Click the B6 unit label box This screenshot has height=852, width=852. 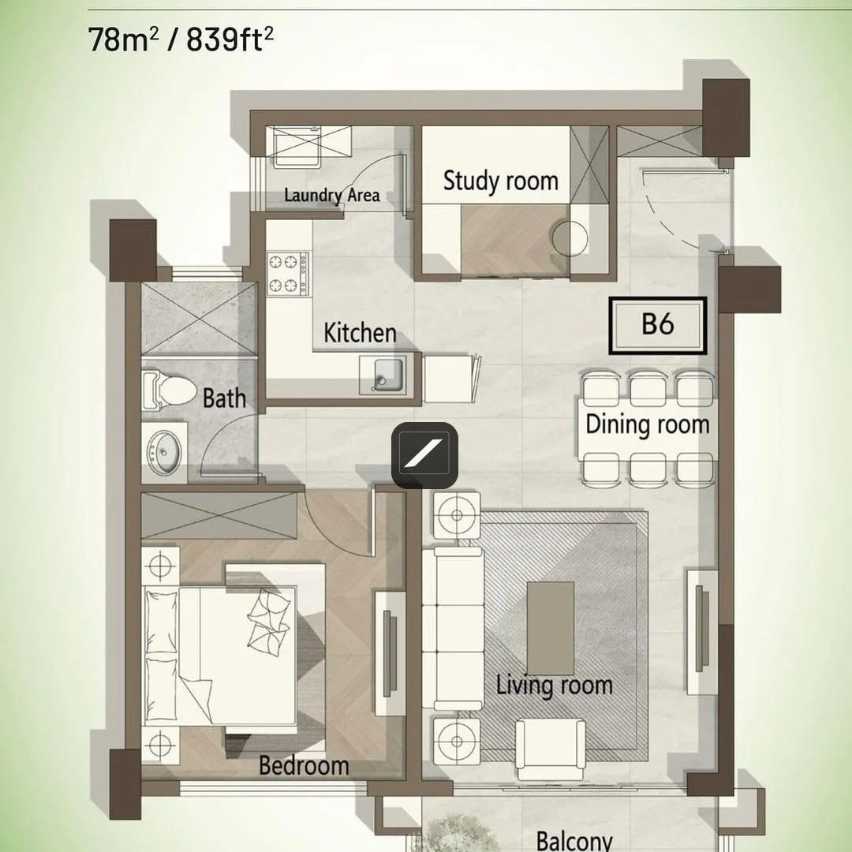pyautogui.click(x=657, y=326)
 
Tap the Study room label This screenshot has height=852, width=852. pyautogui.click(x=500, y=181)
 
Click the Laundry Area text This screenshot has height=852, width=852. pyautogui.click(x=332, y=195)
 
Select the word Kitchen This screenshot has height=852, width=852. pyautogui.click(x=360, y=333)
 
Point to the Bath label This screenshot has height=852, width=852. pyautogui.click(x=224, y=398)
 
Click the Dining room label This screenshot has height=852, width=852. pyautogui.click(x=647, y=424)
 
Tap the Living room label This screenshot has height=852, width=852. pyautogui.click(x=555, y=685)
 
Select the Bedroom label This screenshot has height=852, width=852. pyautogui.click(x=304, y=765)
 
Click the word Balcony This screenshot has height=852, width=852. pyautogui.click(x=574, y=840)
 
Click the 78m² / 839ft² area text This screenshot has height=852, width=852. pyautogui.click(x=181, y=39)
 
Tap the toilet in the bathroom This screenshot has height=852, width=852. pyautogui.click(x=169, y=390)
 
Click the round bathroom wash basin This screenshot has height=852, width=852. pyautogui.click(x=165, y=452)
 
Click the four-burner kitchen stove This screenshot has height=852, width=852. pyautogui.click(x=288, y=274)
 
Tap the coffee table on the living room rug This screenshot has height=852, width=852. pyautogui.click(x=551, y=628)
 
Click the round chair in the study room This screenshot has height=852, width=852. pyautogui.click(x=570, y=238)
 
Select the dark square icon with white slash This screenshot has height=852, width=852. pyautogui.click(x=425, y=455)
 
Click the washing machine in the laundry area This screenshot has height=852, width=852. pyautogui.click(x=297, y=147)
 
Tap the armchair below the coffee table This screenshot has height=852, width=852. pyautogui.click(x=551, y=750)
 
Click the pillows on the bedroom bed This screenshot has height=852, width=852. pyautogui.click(x=269, y=618)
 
